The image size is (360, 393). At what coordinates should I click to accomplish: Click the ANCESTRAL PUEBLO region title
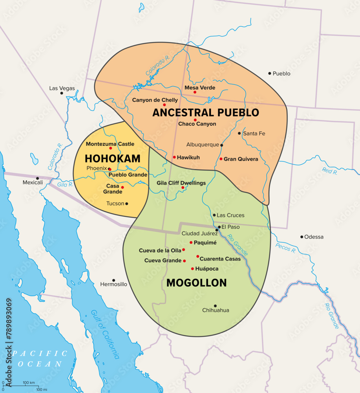[205, 112]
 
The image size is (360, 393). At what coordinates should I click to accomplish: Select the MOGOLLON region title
[196, 283]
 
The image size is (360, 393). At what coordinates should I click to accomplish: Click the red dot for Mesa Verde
[195, 92]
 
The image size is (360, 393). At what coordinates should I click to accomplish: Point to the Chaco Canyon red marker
[195, 120]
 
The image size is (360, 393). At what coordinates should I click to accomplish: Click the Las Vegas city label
[62, 88]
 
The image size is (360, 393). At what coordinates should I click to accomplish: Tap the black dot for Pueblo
[270, 73]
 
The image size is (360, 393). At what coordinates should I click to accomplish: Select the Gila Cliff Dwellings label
[181, 183]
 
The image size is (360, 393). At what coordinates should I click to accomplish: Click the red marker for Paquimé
[191, 242]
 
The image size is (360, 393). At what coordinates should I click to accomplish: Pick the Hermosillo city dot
[113, 280]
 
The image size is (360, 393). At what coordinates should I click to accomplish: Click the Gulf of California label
[105, 334]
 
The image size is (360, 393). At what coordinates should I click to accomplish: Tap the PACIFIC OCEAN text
[39, 358]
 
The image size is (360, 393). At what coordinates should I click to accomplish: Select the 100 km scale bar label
[29, 382]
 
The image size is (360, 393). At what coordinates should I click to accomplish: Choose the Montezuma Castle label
[110, 144]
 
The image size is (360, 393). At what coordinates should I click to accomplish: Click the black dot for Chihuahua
[215, 306]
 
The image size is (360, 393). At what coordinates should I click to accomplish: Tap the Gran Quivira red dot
[221, 159]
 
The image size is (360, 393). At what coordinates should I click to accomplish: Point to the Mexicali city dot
[38, 178]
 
